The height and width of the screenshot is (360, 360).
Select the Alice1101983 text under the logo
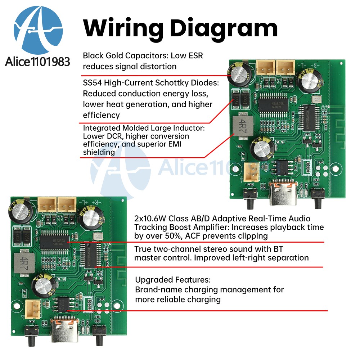click(x=37, y=62)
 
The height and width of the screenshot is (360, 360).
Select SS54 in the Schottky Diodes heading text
click(x=92, y=83)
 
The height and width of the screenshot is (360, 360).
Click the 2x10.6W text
click(x=150, y=219)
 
